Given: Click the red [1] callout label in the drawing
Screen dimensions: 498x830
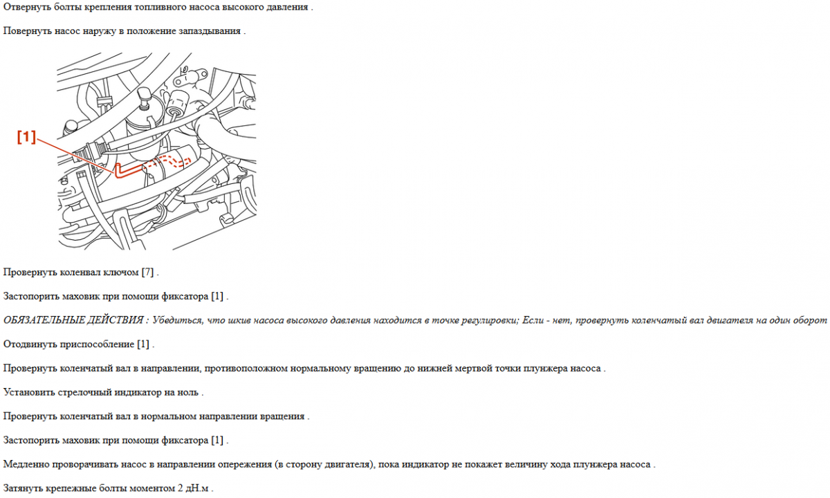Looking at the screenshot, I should (x=26, y=138).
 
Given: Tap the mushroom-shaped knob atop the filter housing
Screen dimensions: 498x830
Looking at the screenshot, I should (x=145, y=94).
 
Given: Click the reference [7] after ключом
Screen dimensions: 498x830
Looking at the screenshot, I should (x=147, y=273).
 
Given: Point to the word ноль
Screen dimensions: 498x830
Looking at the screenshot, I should (x=187, y=393).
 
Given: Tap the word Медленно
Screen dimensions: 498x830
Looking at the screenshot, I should (x=27, y=464).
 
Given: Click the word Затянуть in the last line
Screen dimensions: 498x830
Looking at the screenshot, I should (x=24, y=488).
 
